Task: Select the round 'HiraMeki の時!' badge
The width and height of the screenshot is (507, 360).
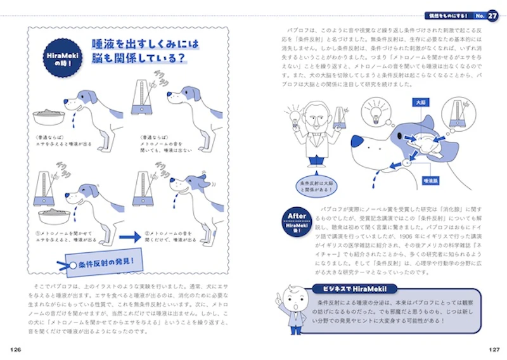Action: (62, 60)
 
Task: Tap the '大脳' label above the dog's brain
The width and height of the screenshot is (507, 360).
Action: (419, 102)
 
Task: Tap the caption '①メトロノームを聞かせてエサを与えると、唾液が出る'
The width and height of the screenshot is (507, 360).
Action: (63, 236)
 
